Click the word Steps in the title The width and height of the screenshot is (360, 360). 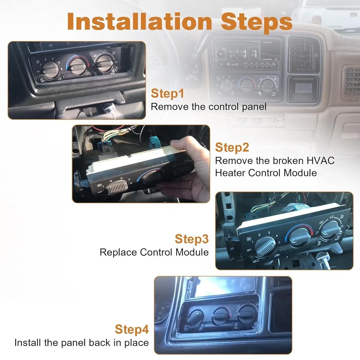coord(256,22)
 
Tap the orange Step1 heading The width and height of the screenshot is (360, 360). coord(167,94)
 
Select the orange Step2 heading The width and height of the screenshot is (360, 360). coord(232,148)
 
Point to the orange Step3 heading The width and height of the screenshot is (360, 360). coord(192,239)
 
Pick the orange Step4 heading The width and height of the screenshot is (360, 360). coord(132,329)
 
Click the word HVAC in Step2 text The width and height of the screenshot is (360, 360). coord(320,161)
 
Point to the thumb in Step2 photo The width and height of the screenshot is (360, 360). coord(184,144)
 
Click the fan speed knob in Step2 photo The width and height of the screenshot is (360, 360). coord(117,187)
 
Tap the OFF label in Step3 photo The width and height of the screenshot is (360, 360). coord(249,250)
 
